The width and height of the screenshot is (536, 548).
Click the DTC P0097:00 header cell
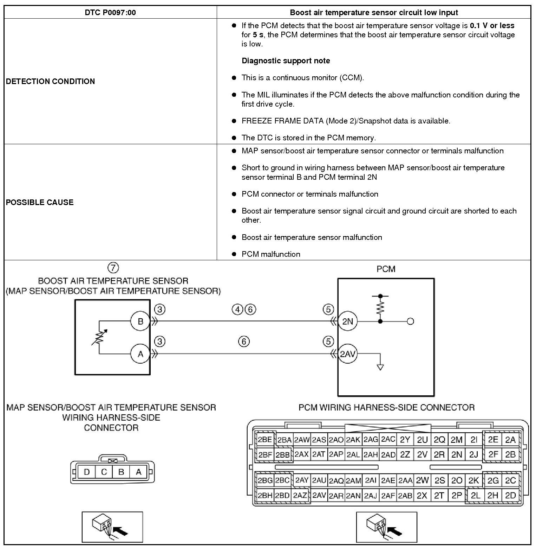tap(110, 13)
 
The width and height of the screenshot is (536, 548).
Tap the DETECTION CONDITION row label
tap(50, 81)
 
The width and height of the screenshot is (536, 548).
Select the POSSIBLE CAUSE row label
tap(40, 202)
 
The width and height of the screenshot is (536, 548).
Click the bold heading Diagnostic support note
tap(286, 60)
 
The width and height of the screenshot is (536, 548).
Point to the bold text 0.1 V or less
tap(492, 25)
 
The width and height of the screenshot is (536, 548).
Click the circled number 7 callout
tap(113, 268)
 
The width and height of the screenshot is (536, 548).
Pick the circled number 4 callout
tap(237, 309)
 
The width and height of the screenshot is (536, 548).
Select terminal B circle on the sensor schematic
tap(140, 321)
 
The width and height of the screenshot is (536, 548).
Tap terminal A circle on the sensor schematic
tap(140, 354)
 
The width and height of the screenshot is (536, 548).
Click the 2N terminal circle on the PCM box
tap(347, 321)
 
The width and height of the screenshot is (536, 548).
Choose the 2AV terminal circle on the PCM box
tap(347, 354)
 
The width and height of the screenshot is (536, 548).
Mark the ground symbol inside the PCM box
tap(380, 367)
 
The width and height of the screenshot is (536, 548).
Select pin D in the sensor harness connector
tap(86, 472)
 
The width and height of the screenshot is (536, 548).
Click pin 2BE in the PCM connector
tap(265, 440)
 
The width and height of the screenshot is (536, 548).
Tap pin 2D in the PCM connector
tap(510, 495)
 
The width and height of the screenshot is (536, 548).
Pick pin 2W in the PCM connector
tap(422, 480)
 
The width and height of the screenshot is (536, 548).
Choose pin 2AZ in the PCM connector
tap(300, 495)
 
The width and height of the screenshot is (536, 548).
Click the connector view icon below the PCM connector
tap(386, 527)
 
